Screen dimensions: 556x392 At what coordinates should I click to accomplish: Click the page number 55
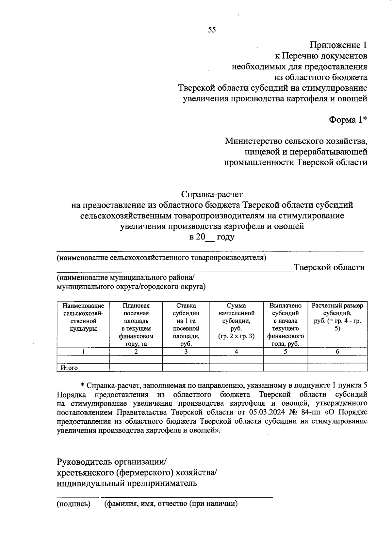pos(212,30)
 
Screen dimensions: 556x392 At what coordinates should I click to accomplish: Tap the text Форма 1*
pos(348,120)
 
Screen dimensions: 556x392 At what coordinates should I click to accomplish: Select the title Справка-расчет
pos(212,195)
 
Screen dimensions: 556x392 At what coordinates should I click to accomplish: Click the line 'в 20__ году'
pos(212,237)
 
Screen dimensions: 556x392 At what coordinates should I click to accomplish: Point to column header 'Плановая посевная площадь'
pos(136,324)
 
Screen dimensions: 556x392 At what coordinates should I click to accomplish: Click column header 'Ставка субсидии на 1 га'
pos(186,324)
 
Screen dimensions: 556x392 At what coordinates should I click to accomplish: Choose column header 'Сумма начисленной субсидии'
pos(236,321)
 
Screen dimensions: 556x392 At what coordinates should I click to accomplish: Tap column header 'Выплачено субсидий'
pos(285,324)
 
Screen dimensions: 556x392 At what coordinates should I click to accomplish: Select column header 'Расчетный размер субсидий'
pos(337,317)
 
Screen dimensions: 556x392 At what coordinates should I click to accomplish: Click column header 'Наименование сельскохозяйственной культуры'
pos(83,317)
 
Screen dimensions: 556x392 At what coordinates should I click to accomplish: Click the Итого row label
pos(69,368)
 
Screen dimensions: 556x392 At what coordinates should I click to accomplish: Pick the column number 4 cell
pos(236,352)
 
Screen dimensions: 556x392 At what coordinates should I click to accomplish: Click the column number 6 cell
pos(337,352)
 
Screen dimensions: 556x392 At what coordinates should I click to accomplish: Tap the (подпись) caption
pos(73,504)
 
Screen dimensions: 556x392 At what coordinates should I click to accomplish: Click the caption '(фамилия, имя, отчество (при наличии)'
pos(171,504)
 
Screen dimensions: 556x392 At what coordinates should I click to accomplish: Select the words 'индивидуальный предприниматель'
pos(127,483)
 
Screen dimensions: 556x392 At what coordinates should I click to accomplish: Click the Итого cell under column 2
pos(136,368)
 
